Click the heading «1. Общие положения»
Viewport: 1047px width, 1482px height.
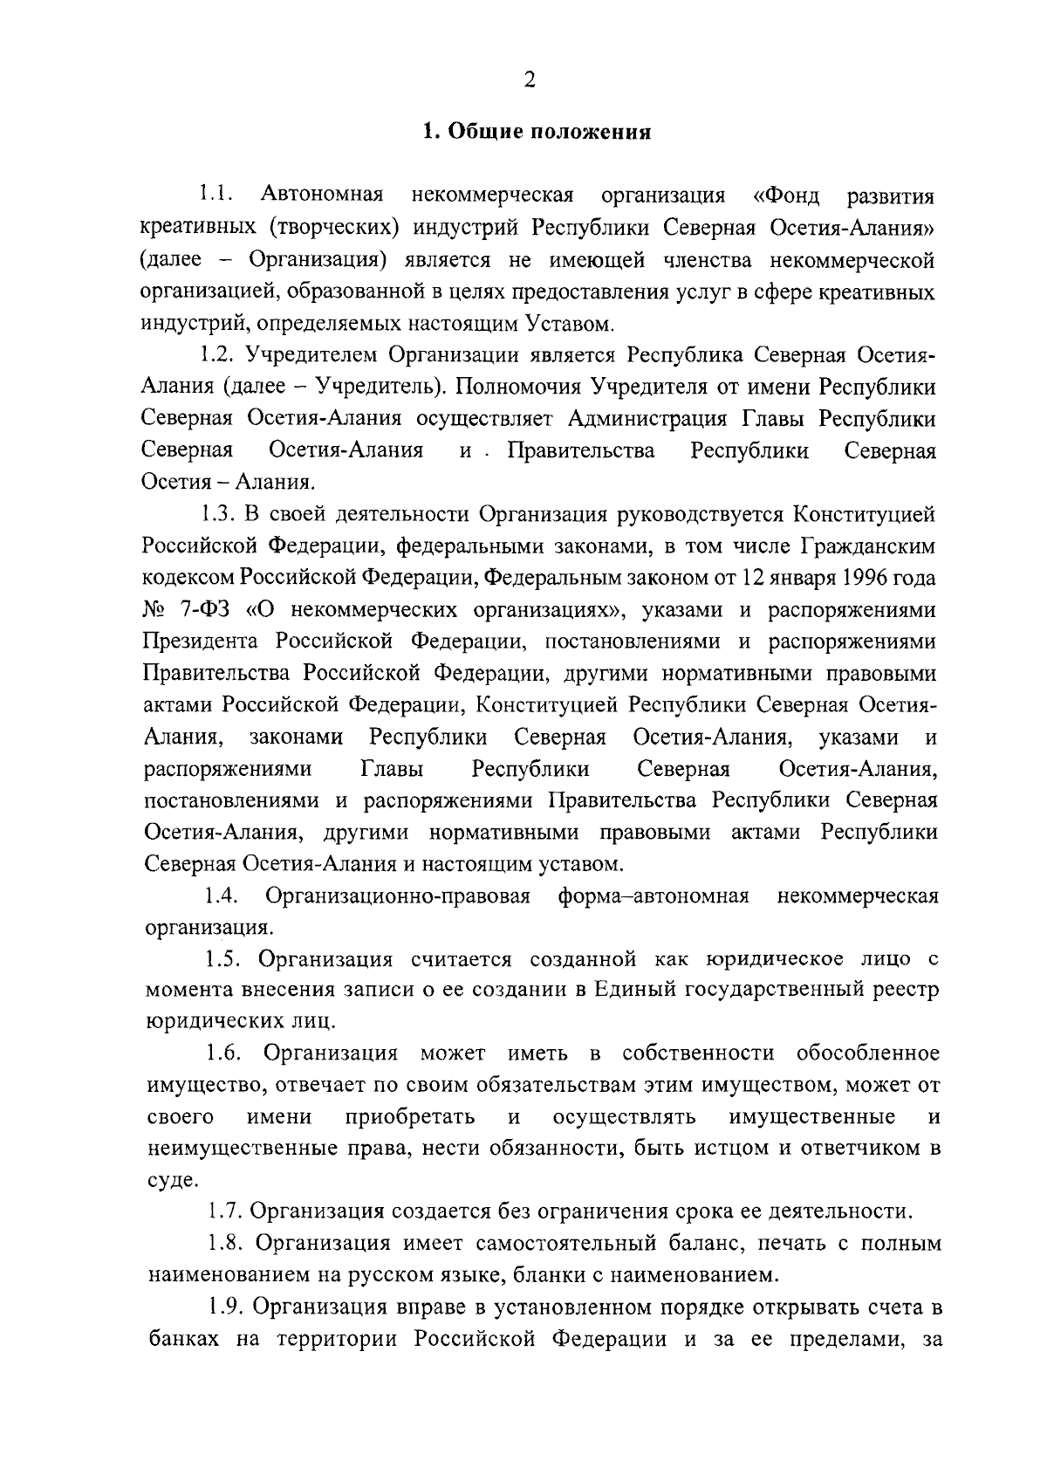[537, 133]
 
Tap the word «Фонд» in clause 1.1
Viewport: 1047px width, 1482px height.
[787, 196]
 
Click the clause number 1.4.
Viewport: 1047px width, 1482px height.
[222, 896]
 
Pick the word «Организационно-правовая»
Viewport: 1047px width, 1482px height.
[398, 896]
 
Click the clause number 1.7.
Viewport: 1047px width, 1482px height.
[224, 1211]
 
